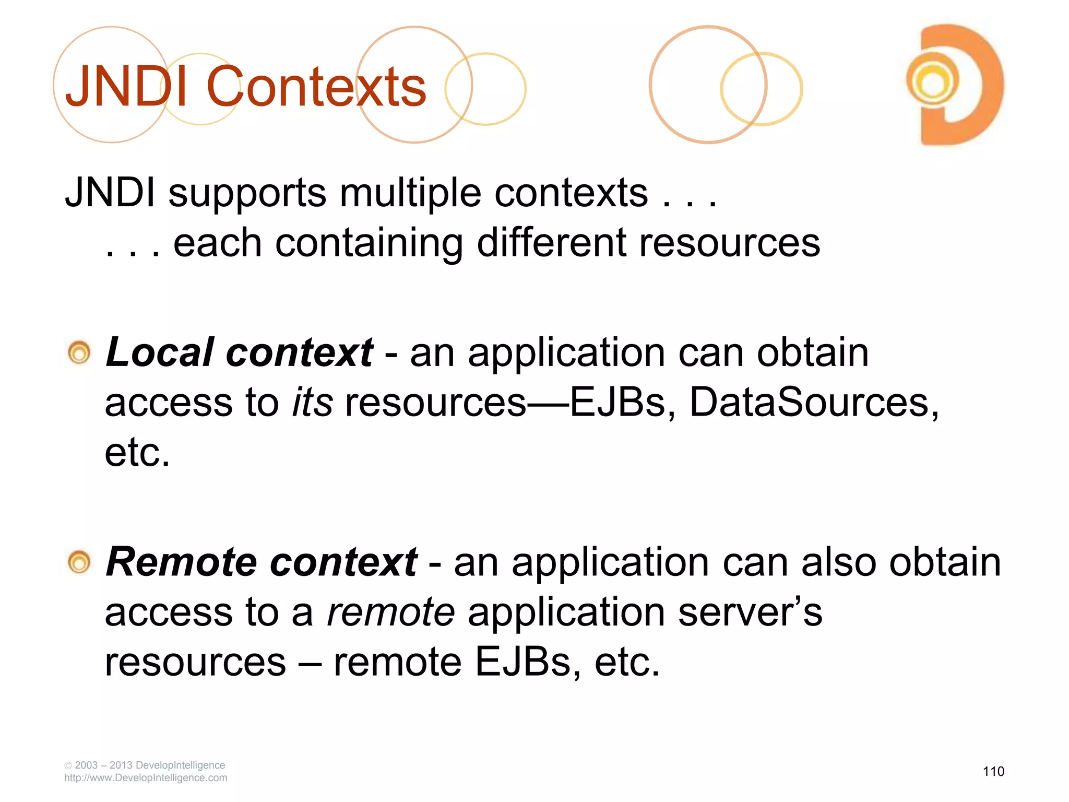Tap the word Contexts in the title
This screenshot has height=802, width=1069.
pos(316,87)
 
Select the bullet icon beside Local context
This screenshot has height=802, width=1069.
pos(79,353)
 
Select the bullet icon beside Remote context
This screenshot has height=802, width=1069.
pos(79,563)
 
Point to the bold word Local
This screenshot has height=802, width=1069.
pos(160,352)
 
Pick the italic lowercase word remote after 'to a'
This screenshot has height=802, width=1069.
pos(390,612)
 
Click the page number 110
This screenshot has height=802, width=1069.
pos(993,771)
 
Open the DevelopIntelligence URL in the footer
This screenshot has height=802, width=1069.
pos(146,778)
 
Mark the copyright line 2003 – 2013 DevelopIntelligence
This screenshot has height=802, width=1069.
pos(145,765)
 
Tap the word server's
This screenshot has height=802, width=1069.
pos(750,612)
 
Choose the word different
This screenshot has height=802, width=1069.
pos(551,243)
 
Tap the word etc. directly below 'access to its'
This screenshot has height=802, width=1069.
pos(137,452)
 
